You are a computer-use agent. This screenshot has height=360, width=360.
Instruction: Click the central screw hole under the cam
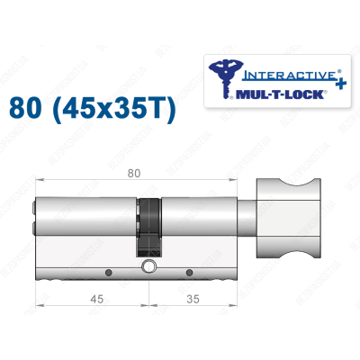[x=148, y=266]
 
